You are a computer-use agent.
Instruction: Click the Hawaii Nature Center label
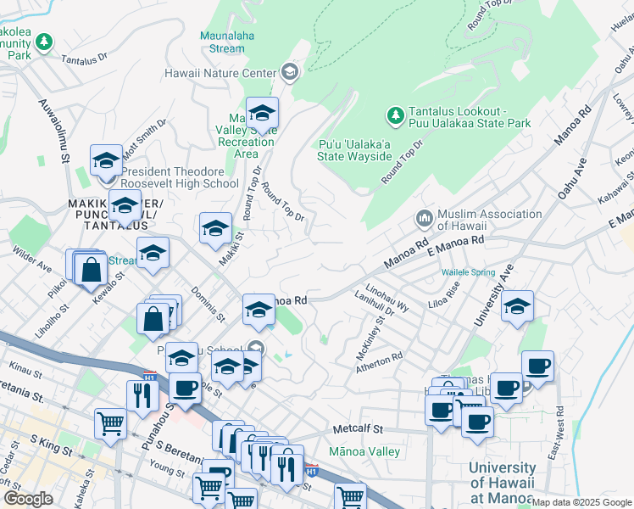tap(220, 73)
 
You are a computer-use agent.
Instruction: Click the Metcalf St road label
tap(359, 430)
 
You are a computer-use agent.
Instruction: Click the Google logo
tap(27, 499)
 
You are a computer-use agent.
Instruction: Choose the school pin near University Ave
tap(516, 307)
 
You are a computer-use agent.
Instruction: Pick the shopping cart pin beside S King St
tap(111, 424)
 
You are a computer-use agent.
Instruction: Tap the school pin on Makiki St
tap(215, 227)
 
